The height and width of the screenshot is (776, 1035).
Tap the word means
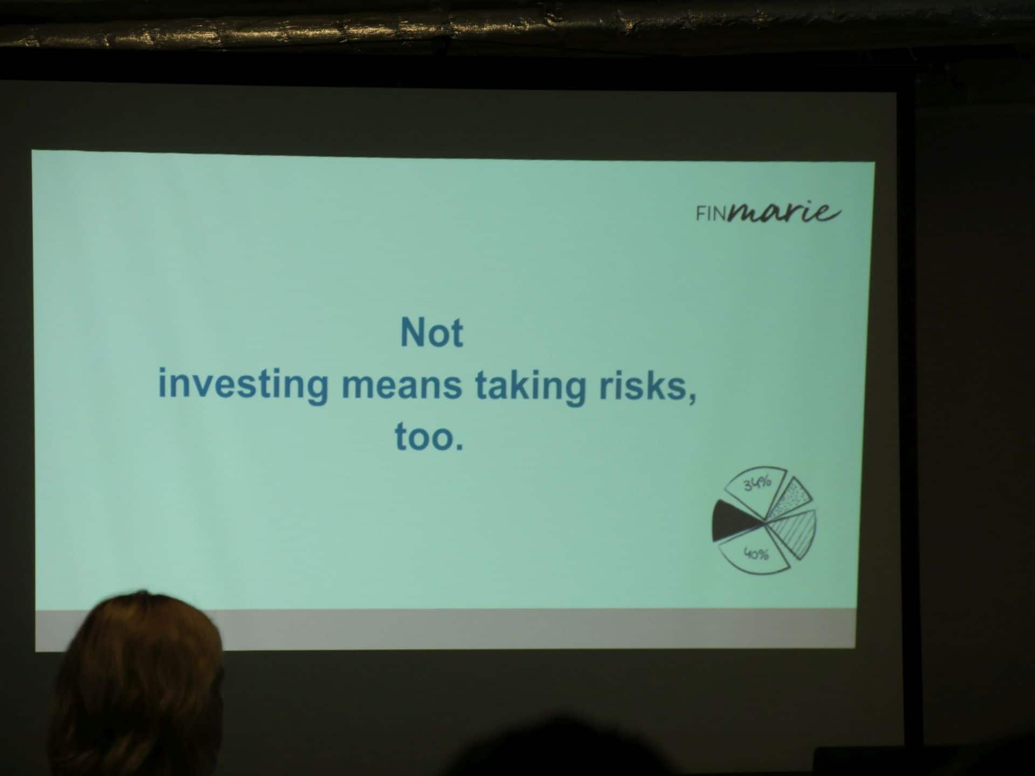tap(402, 386)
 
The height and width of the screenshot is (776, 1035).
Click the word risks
tap(640, 386)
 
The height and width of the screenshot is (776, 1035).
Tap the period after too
tap(459, 446)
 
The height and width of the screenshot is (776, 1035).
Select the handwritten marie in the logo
tap(783, 212)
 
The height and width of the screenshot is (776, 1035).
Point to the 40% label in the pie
tap(756, 553)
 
